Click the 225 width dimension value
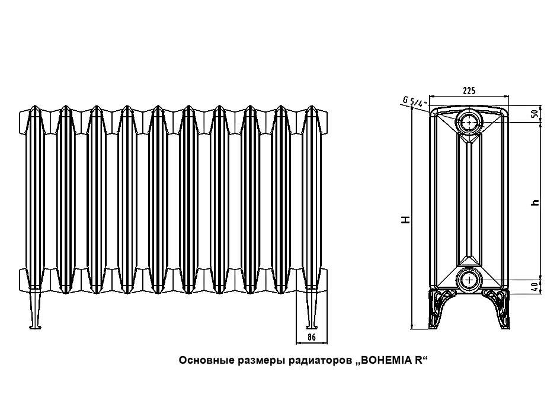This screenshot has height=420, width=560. coord(468,90)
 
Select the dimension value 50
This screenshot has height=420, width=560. coord(535,114)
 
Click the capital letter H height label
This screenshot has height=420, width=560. coord(405,219)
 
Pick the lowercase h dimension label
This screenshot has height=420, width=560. coord(535,202)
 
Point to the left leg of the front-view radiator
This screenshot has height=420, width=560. coord(34,311)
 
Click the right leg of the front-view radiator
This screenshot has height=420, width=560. coord(311,311)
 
